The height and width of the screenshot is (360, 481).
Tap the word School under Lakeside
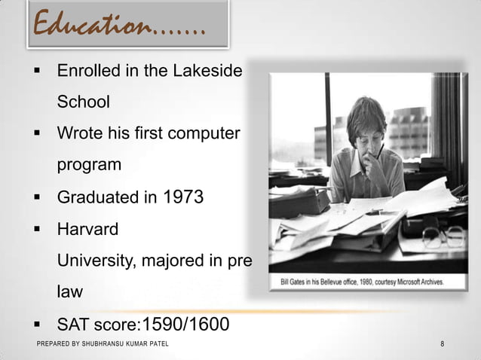[84, 102]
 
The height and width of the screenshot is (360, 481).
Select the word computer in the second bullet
[204, 133]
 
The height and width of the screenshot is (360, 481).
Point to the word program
[89, 164]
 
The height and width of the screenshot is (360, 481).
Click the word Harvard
[87, 229]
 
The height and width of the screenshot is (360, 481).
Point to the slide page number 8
[442, 344]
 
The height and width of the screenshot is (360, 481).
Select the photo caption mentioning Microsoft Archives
[357, 282]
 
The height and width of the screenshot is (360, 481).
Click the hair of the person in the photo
[366, 113]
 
